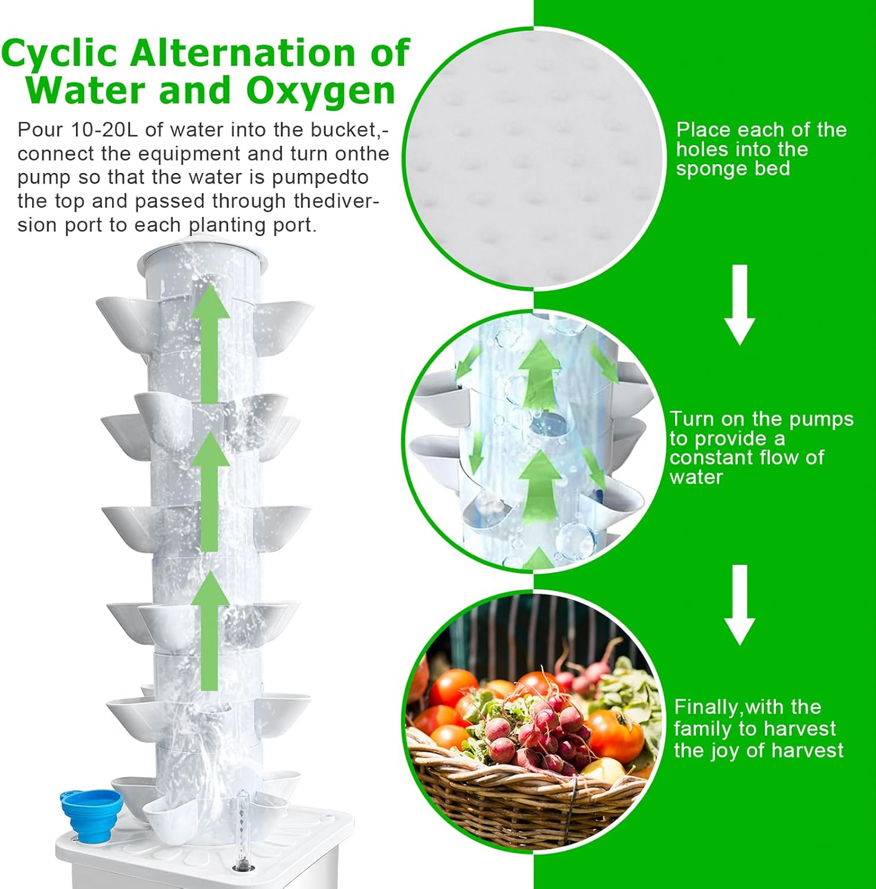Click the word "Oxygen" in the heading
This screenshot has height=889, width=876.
(x=320, y=91)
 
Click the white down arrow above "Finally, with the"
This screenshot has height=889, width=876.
(x=739, y=605)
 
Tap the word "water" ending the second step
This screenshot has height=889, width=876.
(x=696, y=477)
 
